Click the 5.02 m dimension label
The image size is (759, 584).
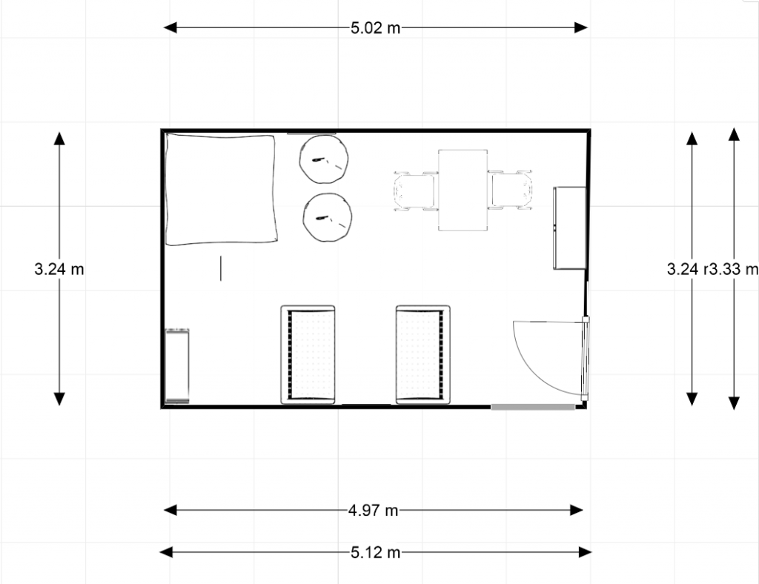pos(375,29)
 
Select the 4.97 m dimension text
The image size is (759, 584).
pos(374,510)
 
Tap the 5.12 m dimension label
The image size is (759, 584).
pos(375,552)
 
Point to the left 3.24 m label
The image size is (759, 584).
pos(59,270)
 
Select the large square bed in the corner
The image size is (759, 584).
pos(221,189)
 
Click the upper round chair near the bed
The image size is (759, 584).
pos(325,159)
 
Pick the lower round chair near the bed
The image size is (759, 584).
pos(328,217)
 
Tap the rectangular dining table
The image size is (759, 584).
pos(463,190)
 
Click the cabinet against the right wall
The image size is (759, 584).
pos(569,228)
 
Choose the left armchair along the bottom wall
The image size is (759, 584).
pos(308,354)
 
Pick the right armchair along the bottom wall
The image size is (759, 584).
pos(423,354)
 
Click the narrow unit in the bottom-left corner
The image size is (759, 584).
pos(178,366)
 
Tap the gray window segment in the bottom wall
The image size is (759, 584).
pos(533,406)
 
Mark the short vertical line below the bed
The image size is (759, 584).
pos(221,268)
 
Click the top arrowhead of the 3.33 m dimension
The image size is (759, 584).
pos(733,134)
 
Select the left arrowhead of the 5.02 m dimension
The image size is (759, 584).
pos(170,28)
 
